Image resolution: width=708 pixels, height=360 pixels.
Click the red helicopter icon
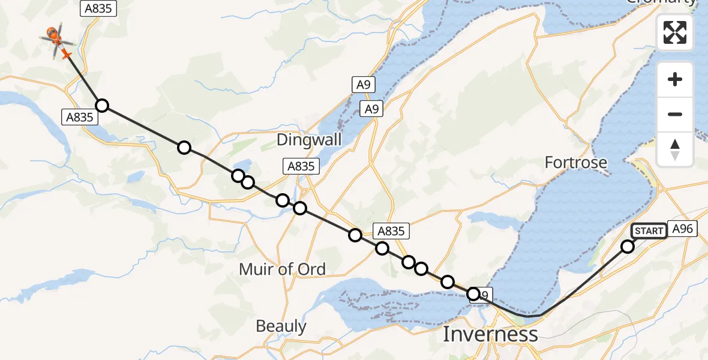coord(55,37)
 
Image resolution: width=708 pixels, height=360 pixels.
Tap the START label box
coord(649,231)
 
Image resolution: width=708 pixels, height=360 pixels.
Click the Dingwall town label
coord(309,140)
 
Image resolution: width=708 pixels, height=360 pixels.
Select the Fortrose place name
coord(575,162)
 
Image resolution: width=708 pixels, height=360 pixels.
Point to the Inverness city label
coord(490,334)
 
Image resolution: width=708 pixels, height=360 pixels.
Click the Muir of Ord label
coord(282,269)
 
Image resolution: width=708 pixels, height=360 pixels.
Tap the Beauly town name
coord(281,326)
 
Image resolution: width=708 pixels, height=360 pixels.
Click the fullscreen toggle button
coord(675,32)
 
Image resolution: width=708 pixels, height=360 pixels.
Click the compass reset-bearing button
coord(675,149)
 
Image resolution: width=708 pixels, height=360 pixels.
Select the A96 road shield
coord(683,229)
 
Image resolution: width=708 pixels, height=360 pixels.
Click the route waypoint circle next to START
coord(628,246)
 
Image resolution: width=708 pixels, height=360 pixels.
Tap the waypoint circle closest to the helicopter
coord(102,106)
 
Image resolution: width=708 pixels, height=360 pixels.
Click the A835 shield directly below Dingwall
coord(301,166)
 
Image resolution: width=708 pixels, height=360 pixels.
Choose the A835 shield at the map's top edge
coord(98,8)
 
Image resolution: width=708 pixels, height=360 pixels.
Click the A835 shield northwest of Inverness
coord(389,231)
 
